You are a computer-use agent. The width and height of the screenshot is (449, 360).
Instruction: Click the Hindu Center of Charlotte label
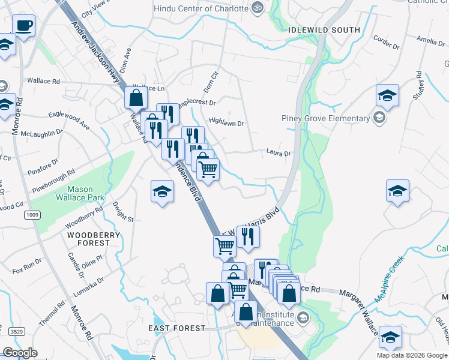tap(201, 8)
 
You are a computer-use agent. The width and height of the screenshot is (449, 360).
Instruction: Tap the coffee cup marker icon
tap(23, 26)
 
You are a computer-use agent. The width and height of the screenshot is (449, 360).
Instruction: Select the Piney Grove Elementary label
tap(325, 118)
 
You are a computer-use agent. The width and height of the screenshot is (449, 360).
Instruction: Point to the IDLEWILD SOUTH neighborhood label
tap(324, 29)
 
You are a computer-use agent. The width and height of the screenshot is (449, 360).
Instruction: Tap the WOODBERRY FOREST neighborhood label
tap(89, 239)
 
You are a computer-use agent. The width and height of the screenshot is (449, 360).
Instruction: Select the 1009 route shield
tap(32, 214)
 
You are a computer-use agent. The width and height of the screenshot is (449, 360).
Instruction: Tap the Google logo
tap(20, 353)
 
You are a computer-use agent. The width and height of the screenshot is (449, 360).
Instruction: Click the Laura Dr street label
tap(279, 154)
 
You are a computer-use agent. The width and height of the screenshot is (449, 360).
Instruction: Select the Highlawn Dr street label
tap(226, 124)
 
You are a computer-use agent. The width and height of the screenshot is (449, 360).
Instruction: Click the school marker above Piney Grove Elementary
tap(387, 96)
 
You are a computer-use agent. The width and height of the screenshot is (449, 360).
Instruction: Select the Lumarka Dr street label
tap(92, 283)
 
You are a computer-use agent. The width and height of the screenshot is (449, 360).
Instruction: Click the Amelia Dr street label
tap(430, 40)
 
